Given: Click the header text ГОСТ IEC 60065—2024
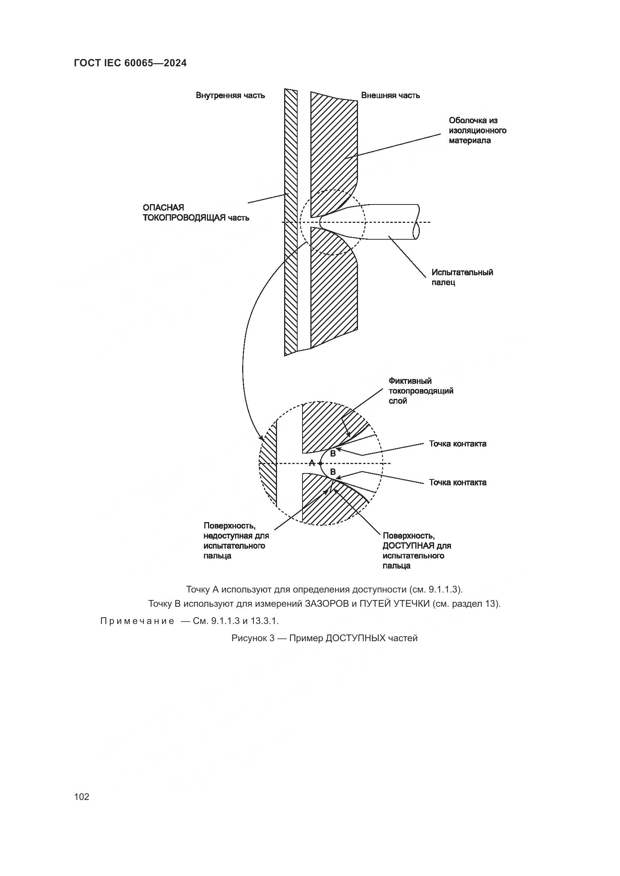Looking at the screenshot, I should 130,63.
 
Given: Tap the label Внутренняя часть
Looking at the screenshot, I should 230,96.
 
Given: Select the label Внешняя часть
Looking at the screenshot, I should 390,96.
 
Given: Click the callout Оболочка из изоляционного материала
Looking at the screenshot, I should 477,130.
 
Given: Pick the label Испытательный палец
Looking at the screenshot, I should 462,278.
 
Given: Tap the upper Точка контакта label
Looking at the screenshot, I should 457,444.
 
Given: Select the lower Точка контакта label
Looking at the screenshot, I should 457,482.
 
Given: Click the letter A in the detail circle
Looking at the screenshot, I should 311,463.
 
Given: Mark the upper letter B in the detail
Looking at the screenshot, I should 332,454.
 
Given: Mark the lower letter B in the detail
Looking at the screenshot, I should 332,472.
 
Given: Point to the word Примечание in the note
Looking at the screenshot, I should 137,621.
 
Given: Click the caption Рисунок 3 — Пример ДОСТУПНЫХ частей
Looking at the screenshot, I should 324,638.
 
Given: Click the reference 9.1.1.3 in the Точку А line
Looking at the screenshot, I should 443,589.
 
